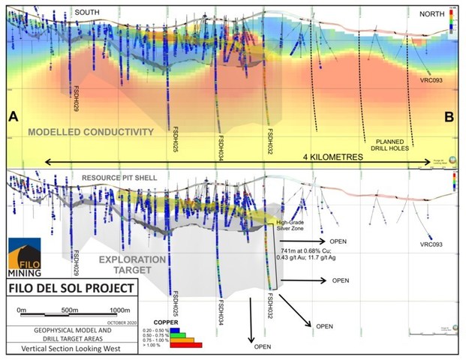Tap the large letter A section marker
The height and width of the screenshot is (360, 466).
[x=13, y=117]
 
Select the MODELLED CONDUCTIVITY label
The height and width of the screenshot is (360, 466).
[x=91, y=132]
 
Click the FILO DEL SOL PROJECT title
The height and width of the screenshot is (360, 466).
[x=71, y=288]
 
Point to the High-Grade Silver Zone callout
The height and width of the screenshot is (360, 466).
[x=294, y=226]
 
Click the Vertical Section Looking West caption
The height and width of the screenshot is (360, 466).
[x=72, y=352]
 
